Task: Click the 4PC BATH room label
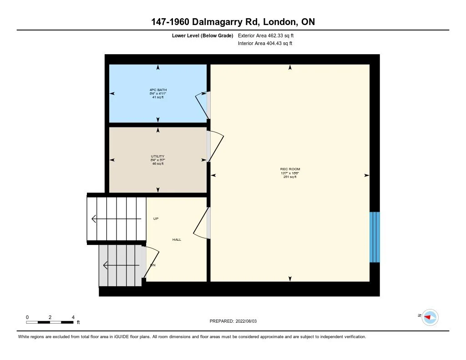(x=158, y=90)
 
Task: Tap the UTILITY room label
(x=158, y=157)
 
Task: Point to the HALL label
(x=177, y=239)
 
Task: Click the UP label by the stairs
(x=156, y=218)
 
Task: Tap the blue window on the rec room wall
(x=375, y=237)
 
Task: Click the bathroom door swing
(x=202, y=106)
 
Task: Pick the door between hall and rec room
(x=202, y=223)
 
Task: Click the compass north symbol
(x=430, y=317)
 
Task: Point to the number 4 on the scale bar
(x=73, y=317)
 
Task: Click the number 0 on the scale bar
(x=27, y=317)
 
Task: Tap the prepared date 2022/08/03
(x=248, y=321)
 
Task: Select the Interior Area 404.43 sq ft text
(x=265, y=44)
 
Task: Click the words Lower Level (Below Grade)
(x=203, y=35)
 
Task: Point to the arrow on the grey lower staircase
(x=121, y=265)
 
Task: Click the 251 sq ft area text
(x=290, y=177)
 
